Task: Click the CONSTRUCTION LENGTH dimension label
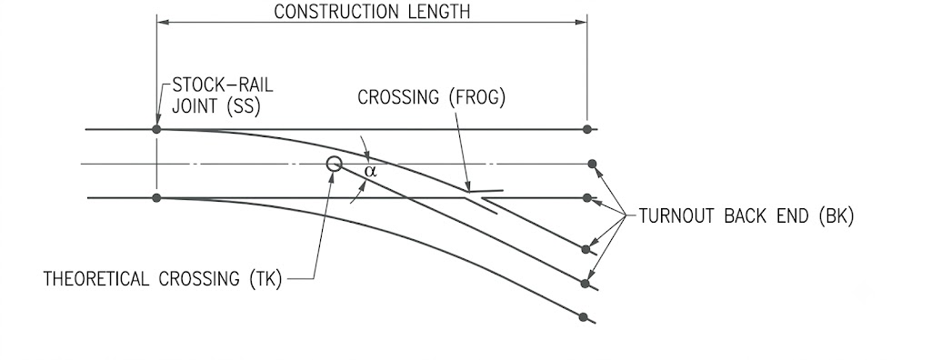point(372,12)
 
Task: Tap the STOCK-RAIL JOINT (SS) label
point(223,95)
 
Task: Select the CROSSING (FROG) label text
point(432,97)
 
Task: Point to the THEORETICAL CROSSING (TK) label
point(163,279)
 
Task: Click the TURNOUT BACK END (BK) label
point(746,216)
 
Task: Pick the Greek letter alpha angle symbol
point(371,172)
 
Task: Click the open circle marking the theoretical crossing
point(335,164)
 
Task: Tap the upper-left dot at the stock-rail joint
point(156,129)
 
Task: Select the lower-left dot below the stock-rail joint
point(156,198)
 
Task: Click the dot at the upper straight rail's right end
point(587,129)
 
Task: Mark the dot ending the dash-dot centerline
point(592,164)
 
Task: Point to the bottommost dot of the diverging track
point(583,317)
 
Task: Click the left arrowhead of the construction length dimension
point(164,23)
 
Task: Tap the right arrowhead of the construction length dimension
point(581,23)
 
